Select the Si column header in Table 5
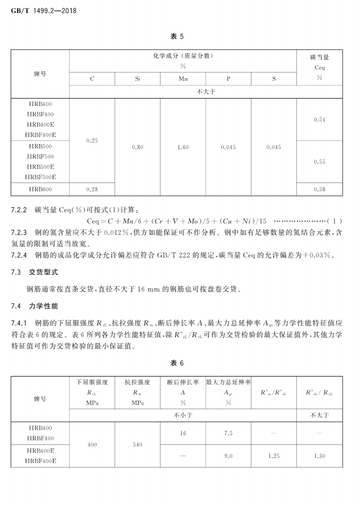[138, 79]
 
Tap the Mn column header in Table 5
[183, 79]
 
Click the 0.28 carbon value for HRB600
[92, 190]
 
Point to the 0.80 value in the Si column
[138, 147]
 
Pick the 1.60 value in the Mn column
[183, 147]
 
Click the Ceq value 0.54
[319, 119]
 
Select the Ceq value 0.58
[319, 190]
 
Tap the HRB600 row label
[40, 190]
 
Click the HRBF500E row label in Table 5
[40, 177]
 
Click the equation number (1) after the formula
[336, 221]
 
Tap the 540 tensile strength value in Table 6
[138, 445]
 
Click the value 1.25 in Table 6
[274, 456]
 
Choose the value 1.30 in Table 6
[319, 456]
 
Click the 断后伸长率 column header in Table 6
[183, 382]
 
